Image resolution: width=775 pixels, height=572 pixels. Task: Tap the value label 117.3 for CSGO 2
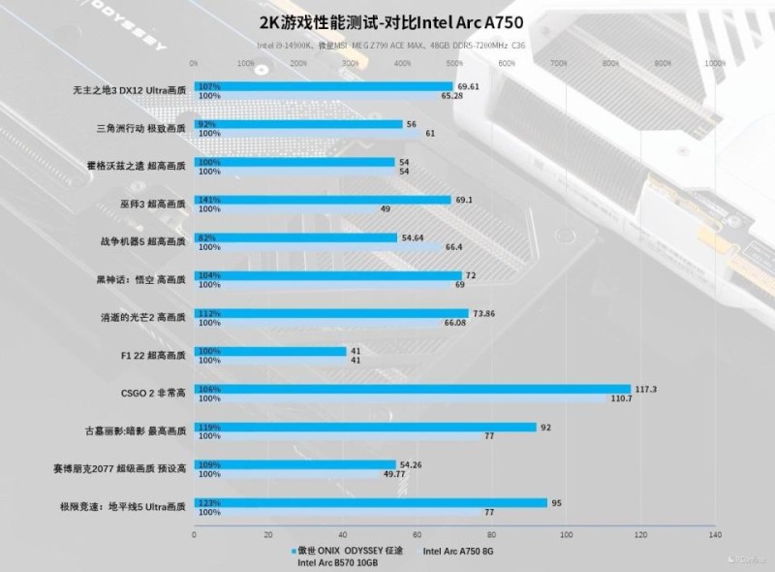pos(645,389)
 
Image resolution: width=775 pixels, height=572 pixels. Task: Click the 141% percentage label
pos(208,200)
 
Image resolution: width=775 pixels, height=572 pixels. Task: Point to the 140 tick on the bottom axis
pos(715,534)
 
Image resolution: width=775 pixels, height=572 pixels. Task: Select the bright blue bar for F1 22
pos(270,351)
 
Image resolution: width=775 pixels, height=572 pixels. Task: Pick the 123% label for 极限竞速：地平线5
pos(208,502)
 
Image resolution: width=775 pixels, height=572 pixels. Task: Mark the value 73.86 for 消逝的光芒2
pos(483,313)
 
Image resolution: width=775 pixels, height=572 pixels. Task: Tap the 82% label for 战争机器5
pos(207,238)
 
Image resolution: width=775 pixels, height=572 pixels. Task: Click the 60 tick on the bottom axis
pos(418,534)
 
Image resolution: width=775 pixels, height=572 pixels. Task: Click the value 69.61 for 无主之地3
pos(470,86)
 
